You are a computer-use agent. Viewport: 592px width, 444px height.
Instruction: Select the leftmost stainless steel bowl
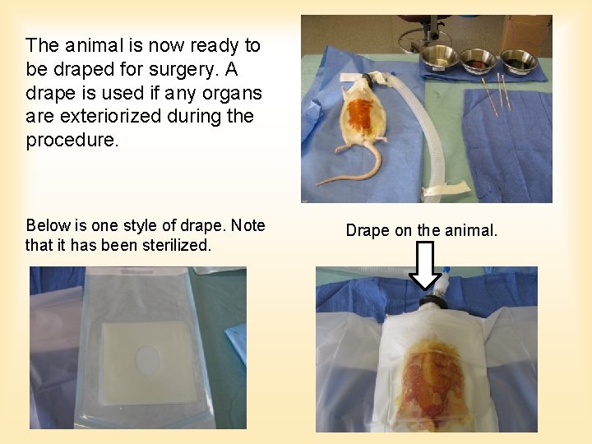(441, 56)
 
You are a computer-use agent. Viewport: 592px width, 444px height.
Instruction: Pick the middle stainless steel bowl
(479, 59)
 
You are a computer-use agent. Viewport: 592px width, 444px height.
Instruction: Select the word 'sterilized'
(182, 245)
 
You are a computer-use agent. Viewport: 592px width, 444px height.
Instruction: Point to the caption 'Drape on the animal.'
(421, 230)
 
